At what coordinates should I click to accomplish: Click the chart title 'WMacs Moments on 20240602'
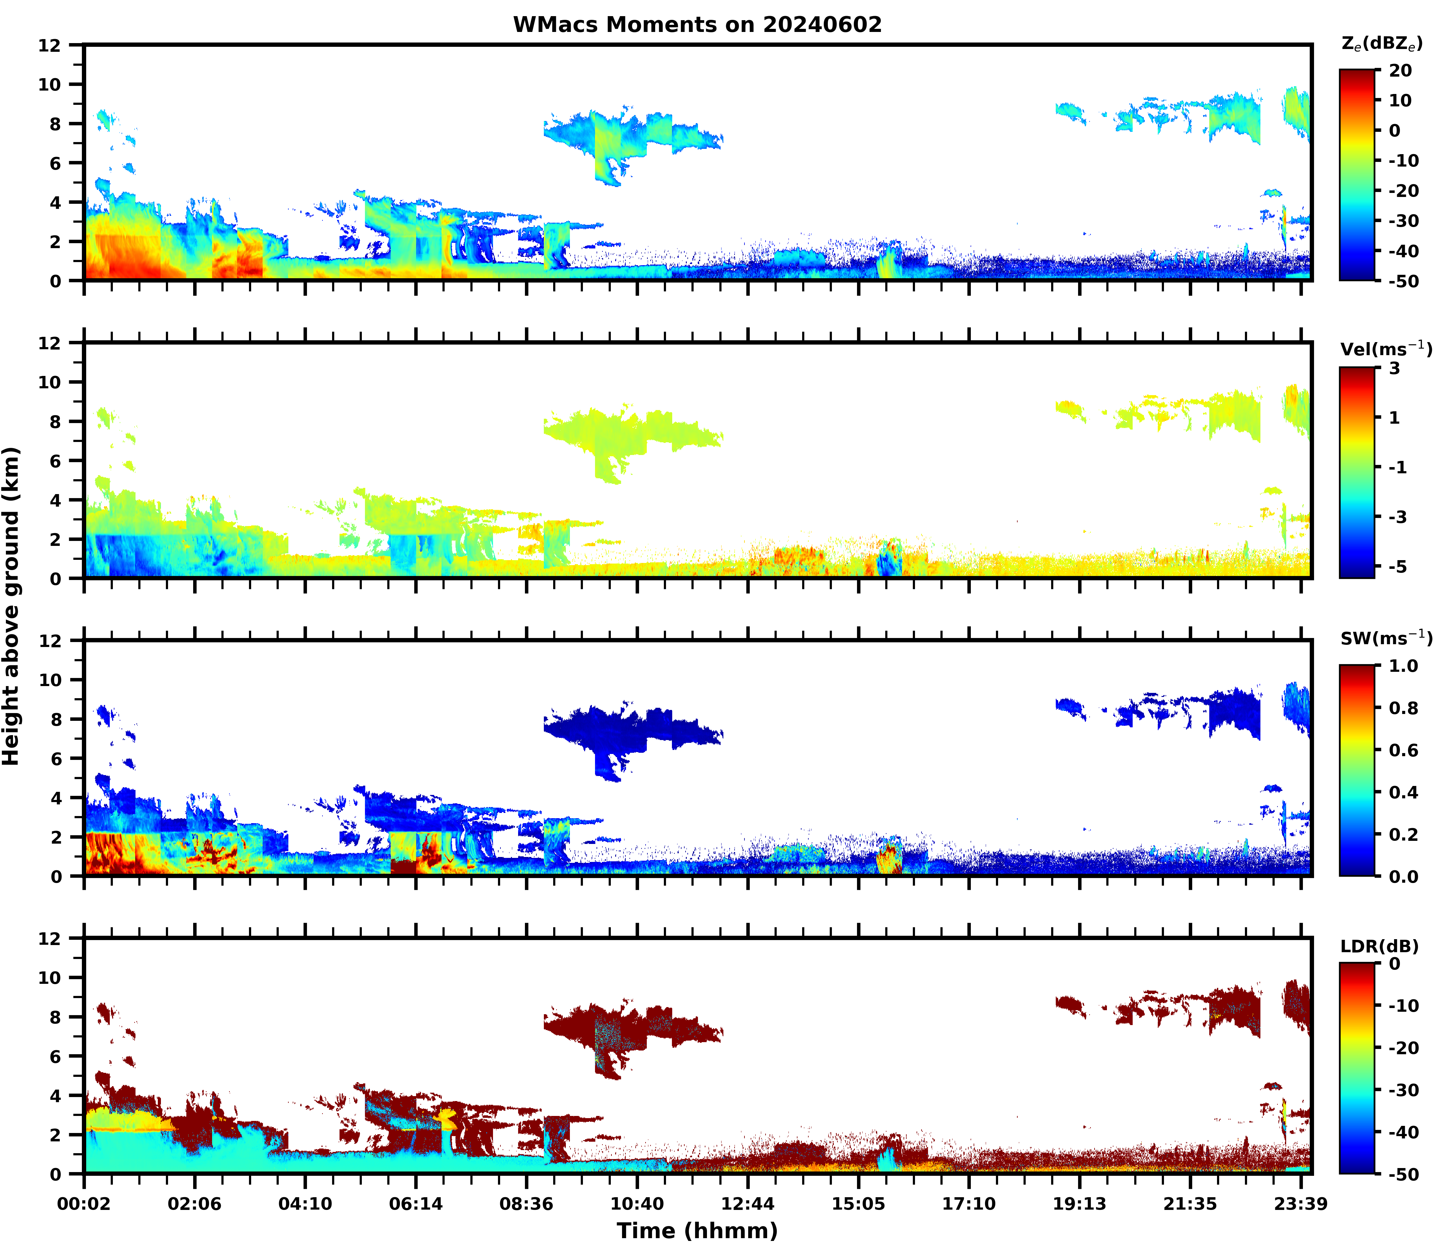pos(697,25)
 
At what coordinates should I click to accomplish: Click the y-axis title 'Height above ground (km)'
pos(11,607)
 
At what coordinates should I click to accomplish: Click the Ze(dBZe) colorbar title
pos(1381,43)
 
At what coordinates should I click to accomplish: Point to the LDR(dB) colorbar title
pos(1379,946)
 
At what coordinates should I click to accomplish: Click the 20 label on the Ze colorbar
pos(1400,71)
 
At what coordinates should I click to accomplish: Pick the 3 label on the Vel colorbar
pos(1395,368)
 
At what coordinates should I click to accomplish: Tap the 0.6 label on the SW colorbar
pos(1404,751)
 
